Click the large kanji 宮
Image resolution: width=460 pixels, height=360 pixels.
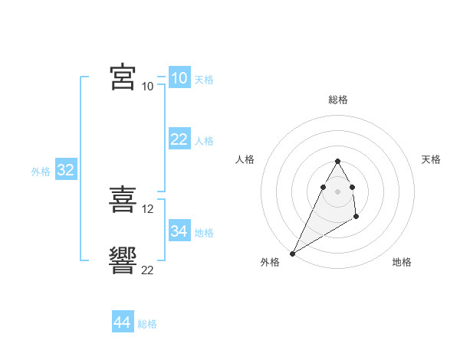[x=123, y=77]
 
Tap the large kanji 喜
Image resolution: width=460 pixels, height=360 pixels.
[x=123, y=199]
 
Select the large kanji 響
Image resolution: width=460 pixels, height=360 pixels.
[x=123, y=260]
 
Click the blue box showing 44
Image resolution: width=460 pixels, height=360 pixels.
[x=122, y=322]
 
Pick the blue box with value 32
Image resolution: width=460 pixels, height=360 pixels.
[x=65, y=170]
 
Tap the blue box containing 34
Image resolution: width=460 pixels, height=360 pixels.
[x=179, y=231]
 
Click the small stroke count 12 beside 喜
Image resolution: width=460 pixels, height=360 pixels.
[x=148, y=208]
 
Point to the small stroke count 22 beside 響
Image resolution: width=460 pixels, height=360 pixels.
[x=148, y=270]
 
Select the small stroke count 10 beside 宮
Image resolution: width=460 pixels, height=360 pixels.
[x=148, y=86]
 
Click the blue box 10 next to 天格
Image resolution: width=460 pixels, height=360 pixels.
[x=179, y=78]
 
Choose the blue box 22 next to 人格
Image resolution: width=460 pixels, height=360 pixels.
[x=179, y=139]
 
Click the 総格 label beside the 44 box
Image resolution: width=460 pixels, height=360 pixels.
[x=147, y=324]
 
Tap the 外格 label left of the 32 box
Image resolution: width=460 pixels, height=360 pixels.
[x=41, y=172]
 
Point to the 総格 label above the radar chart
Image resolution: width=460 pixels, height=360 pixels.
[x=337, y=100]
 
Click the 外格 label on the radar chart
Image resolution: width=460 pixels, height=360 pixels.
[x=269, y=262]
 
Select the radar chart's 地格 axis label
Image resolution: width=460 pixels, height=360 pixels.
[x=402, y=262]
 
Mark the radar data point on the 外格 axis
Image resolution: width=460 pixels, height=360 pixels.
[x=292, y=253]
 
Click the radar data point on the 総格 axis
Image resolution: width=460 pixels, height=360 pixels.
[x=337, y=161]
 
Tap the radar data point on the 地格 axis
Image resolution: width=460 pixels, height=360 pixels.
[x=356, y=218]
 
